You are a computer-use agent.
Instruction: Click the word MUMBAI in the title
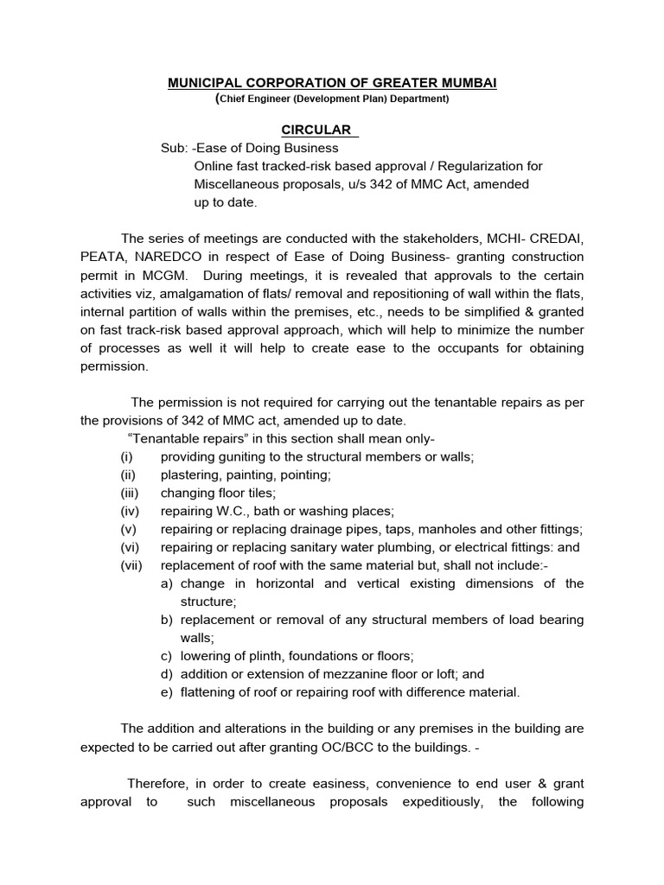[464, 82]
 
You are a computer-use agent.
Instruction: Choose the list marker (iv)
[129, 511]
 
